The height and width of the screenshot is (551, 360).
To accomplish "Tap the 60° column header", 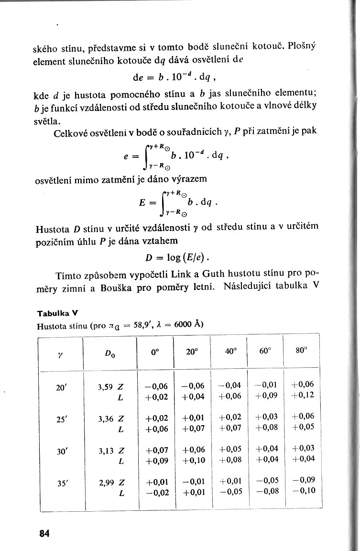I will (x=265, y=351).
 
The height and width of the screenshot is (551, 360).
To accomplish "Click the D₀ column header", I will (x=109, y=354).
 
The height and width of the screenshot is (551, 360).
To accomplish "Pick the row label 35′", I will (x=61, y=482).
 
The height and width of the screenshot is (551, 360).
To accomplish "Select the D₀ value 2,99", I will (x=106, y=482).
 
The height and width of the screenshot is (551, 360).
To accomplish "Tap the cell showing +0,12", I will (x=303, y=396).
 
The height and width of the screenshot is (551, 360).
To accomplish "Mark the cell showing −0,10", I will (x=304, y=490).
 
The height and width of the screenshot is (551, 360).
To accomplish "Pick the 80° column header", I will (x=301, y=350).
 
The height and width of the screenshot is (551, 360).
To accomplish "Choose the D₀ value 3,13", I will (x=106, y=450).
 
